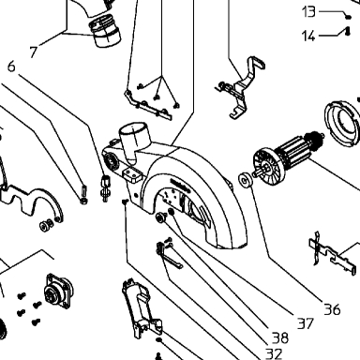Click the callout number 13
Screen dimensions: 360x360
coord(308,12)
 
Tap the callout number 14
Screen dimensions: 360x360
coord(308,36)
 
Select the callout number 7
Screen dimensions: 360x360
coord(34,52)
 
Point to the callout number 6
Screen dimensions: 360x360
coord(11,67)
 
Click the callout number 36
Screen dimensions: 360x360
coord(332,309)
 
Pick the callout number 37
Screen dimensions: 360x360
coord(305,323)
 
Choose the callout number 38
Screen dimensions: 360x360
coord(280,337)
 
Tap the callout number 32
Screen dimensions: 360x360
coord(274,353)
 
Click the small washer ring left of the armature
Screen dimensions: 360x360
coord(246,180)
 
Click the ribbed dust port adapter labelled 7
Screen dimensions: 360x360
coord(105,31)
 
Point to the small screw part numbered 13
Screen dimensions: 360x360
coord(348,17)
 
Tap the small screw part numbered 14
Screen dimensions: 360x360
coord(348,31)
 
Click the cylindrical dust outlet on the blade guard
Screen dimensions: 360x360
coord(134,140)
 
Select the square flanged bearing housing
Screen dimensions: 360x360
coord(58,292)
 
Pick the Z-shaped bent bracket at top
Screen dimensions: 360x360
coord(243,87)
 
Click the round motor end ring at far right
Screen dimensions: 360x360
coord(342,124)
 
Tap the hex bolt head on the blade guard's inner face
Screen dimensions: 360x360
coord(161,217)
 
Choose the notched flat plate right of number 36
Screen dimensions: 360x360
coord(333,254)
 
